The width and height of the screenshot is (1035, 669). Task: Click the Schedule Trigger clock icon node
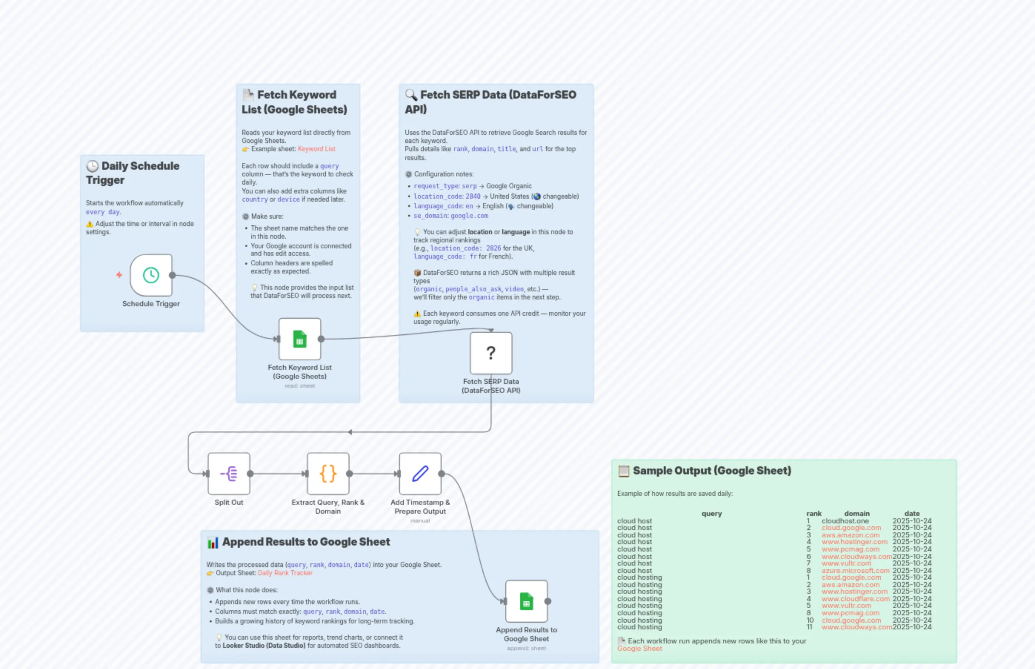(151, 275)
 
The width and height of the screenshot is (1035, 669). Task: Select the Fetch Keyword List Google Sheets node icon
(300, 339)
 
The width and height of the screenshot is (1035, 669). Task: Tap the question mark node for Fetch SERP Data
(490, 353)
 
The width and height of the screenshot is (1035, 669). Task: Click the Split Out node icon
(229, 474)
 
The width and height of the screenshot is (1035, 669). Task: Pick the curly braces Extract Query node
(328, 474)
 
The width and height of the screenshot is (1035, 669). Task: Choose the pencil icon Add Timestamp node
(420, 474)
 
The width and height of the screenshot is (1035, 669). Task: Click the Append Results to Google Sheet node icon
(526, 601)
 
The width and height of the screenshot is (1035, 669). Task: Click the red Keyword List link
(316, 149)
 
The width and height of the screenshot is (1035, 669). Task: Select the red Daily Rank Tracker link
(285, 573)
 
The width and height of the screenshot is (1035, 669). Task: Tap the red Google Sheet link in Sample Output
(639, 649)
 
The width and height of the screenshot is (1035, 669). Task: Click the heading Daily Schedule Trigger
(132, 173)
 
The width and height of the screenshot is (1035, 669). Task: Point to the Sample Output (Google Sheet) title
(712, 470)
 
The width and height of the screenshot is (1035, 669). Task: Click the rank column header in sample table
(813, 513)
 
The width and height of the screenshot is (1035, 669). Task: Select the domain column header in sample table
(856, 513)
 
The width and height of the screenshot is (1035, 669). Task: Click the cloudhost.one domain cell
(845, 521)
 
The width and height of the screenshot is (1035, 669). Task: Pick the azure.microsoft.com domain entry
(855, 570)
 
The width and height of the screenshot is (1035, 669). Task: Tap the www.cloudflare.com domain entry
(855, 599)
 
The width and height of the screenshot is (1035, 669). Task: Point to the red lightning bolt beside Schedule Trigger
(119, 275)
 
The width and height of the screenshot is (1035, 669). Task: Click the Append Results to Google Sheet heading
(306, 542)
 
